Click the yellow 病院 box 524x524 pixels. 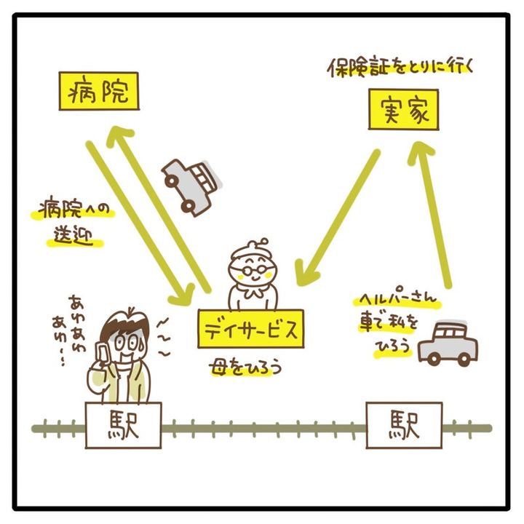(x=98, y=92)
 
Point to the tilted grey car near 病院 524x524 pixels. (x=189, y=184)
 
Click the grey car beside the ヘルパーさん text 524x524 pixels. (x=448, y=343)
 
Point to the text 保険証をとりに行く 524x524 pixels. (x=401, y=68)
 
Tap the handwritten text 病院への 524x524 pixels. (x=73, y=212)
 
